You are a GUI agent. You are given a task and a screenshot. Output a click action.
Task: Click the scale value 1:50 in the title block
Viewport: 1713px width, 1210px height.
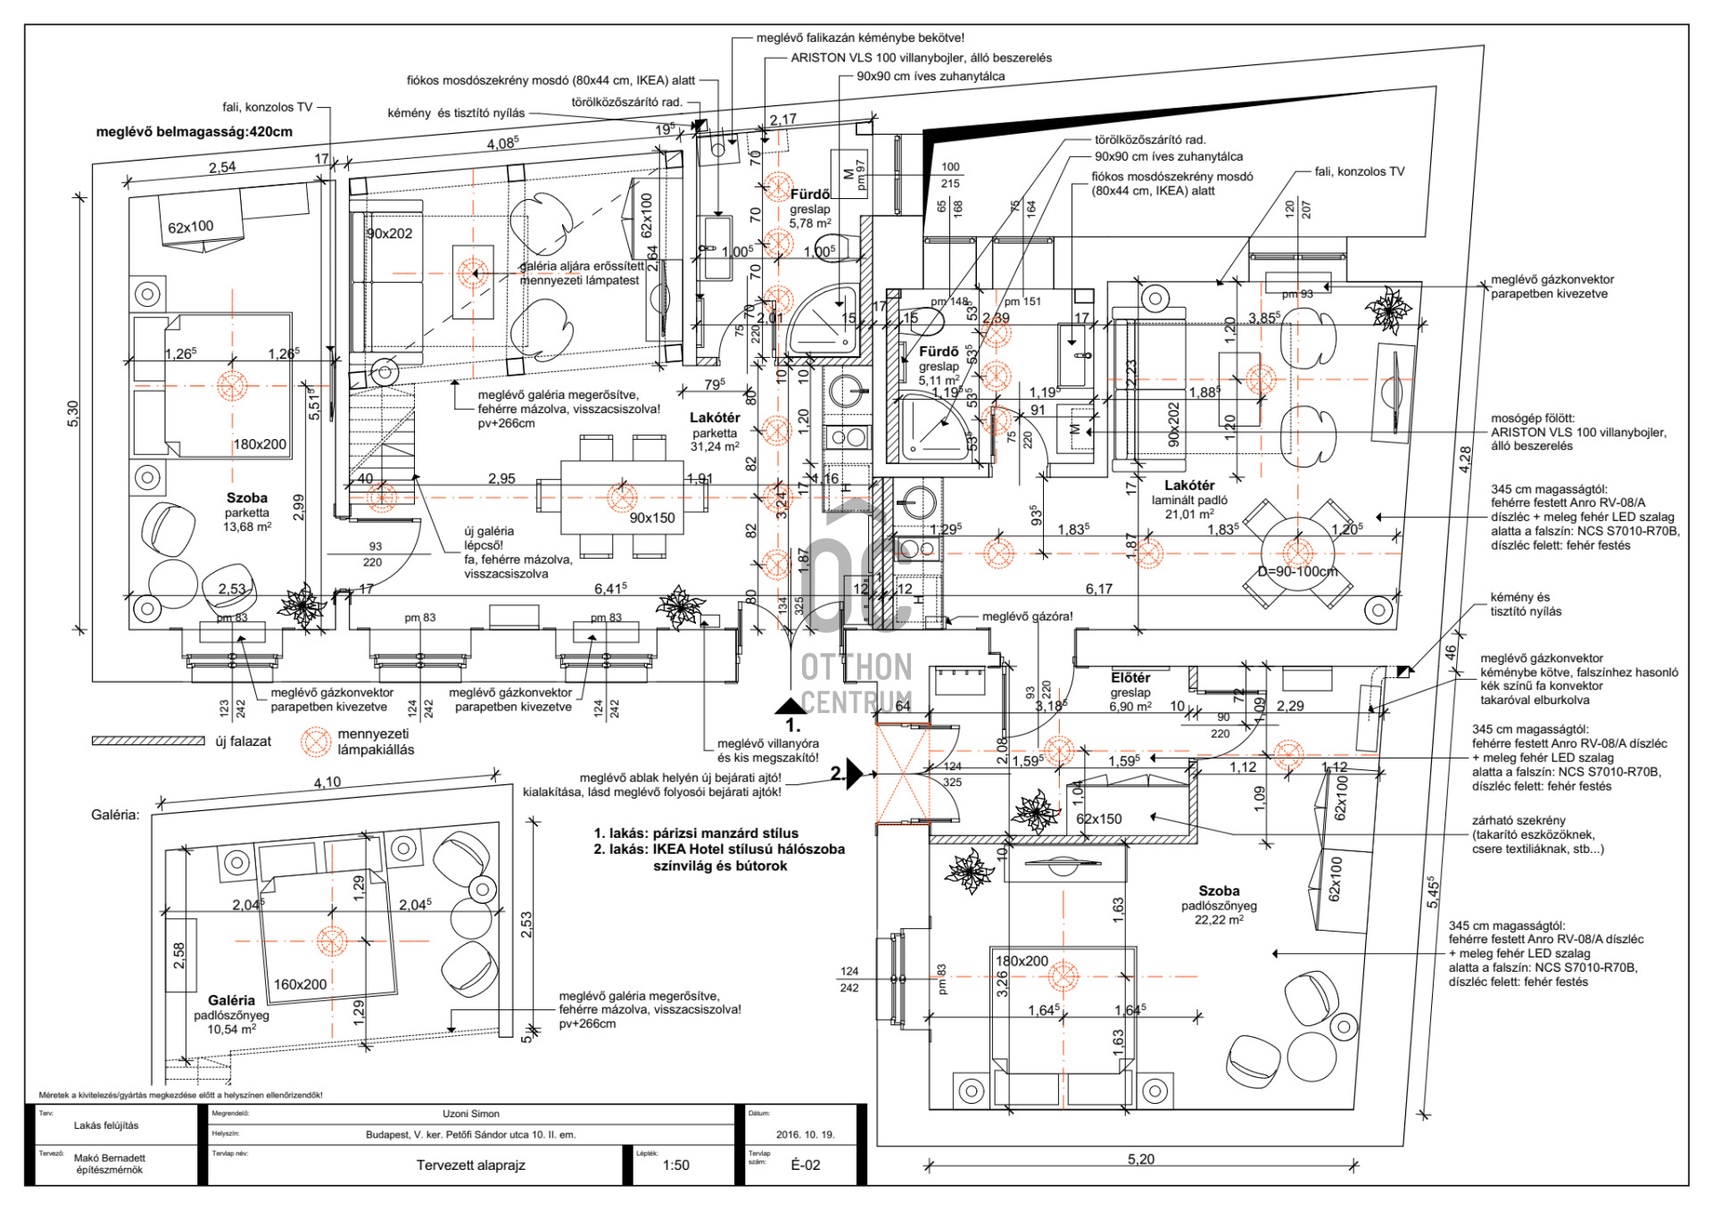click(675, 1164)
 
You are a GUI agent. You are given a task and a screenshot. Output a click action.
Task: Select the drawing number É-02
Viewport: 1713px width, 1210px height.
click(805, 1164)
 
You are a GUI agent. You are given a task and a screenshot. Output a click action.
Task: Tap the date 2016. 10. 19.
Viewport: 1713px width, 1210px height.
click(805, 1134)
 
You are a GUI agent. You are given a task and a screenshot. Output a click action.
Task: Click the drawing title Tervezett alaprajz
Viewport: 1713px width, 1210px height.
click(470, 1164)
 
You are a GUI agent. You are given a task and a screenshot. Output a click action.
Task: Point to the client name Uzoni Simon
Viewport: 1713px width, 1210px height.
click(470, 1114)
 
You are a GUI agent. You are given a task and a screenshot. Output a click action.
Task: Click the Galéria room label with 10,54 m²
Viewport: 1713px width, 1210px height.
click(231, 1001)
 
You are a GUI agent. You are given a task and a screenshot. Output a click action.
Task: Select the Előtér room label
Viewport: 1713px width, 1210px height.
click(1130, 678)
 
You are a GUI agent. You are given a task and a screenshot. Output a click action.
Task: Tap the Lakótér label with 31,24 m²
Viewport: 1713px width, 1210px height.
click(715, 418)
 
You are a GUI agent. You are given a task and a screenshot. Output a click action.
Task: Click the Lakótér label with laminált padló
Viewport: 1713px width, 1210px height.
click(1189, 485)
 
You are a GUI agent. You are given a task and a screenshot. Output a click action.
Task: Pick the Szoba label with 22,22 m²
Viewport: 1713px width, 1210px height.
click(1219, 891)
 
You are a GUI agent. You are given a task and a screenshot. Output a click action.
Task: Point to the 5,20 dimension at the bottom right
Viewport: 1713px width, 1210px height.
click(1140, 1159)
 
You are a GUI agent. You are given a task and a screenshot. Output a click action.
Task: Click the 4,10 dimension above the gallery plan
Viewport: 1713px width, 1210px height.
click(327, 783)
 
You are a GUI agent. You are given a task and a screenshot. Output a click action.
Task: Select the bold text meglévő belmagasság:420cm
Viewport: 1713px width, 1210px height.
click(194, 132)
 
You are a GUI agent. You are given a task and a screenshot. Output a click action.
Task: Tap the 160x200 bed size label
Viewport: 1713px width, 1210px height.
click(300, 984)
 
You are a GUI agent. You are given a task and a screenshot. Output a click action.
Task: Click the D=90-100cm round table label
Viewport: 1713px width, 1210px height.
click(1297, 571)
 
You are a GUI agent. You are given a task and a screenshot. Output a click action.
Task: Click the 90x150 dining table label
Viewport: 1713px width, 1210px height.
click(652, 518)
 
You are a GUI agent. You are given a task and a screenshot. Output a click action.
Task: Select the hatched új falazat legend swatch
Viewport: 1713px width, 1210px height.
click(148, 741)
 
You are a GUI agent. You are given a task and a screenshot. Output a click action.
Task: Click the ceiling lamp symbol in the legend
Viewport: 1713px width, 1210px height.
click(315, 742)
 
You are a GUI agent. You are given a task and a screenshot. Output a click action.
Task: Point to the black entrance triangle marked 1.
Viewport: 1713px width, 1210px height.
click(790, 706)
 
